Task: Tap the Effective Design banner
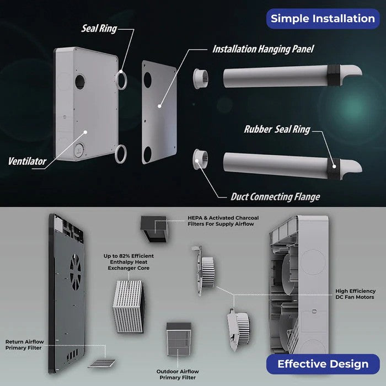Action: click(323, 363)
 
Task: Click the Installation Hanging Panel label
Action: click(263, 49)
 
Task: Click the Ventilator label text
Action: click(26, 162)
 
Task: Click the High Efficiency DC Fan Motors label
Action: click(355, 294)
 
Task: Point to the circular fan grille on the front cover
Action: click(77, 270)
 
